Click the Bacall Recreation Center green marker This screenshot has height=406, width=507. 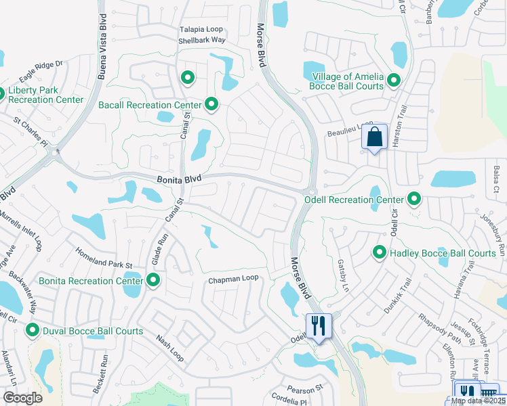point(211,105)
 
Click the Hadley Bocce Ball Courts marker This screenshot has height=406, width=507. point(380,253)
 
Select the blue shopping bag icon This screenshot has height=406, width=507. point(374,138)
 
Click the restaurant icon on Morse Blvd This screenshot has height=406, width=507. point(317,326)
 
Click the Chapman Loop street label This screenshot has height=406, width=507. point(233,279)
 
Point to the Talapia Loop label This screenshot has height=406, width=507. point(201,30)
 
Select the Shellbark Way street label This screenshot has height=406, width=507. point(201,41)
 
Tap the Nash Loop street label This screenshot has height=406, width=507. point(169,347)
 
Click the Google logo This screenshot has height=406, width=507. point(22,398)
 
